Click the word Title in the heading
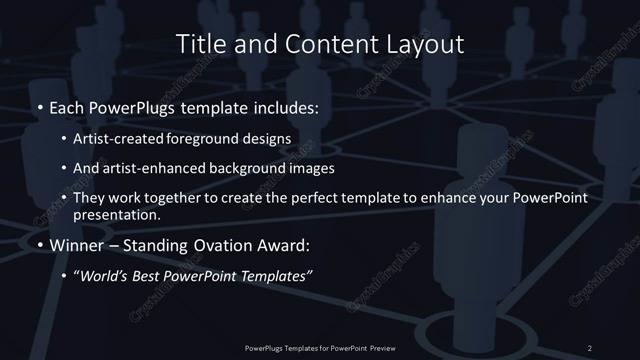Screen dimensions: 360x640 [199, 44]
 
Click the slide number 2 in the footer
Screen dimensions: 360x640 [590, 348]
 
